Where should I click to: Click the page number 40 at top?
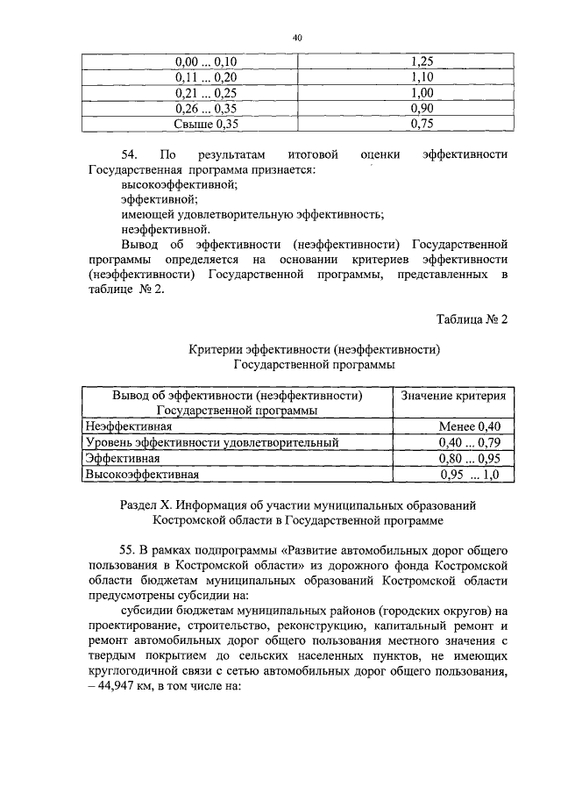tap(297, 38)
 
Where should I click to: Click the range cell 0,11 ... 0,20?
tap(200, 77)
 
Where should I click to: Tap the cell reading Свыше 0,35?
tap(200, 124)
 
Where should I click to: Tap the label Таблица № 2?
tap(472, 318)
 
